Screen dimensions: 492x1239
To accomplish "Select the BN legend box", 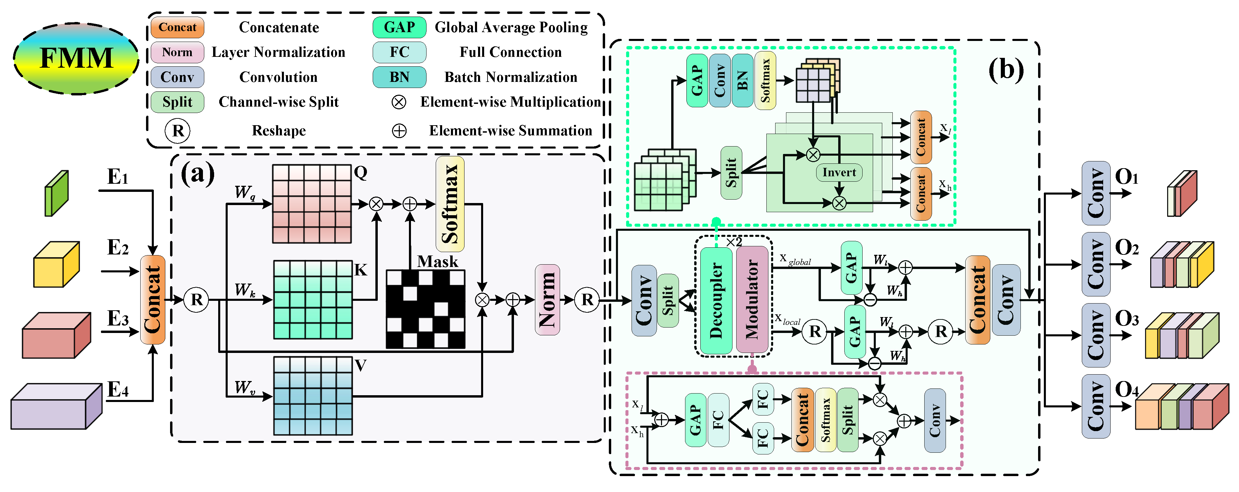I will (399, 77).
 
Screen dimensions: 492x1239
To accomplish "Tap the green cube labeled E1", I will (57, 193).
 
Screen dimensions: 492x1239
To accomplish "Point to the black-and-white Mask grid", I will (425, 309).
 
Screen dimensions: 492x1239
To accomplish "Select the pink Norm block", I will (548, 299).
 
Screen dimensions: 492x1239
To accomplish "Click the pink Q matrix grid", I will (312, 204).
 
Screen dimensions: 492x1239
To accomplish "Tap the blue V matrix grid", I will (313, 396).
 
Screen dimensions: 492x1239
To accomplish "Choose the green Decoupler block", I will (716, 300).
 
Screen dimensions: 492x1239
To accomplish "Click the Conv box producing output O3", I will (1096, 335).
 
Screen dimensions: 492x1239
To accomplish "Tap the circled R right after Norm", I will (587, 299).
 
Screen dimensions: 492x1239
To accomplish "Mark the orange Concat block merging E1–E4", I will (152, 299).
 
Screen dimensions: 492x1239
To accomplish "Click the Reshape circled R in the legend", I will (178, 131).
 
